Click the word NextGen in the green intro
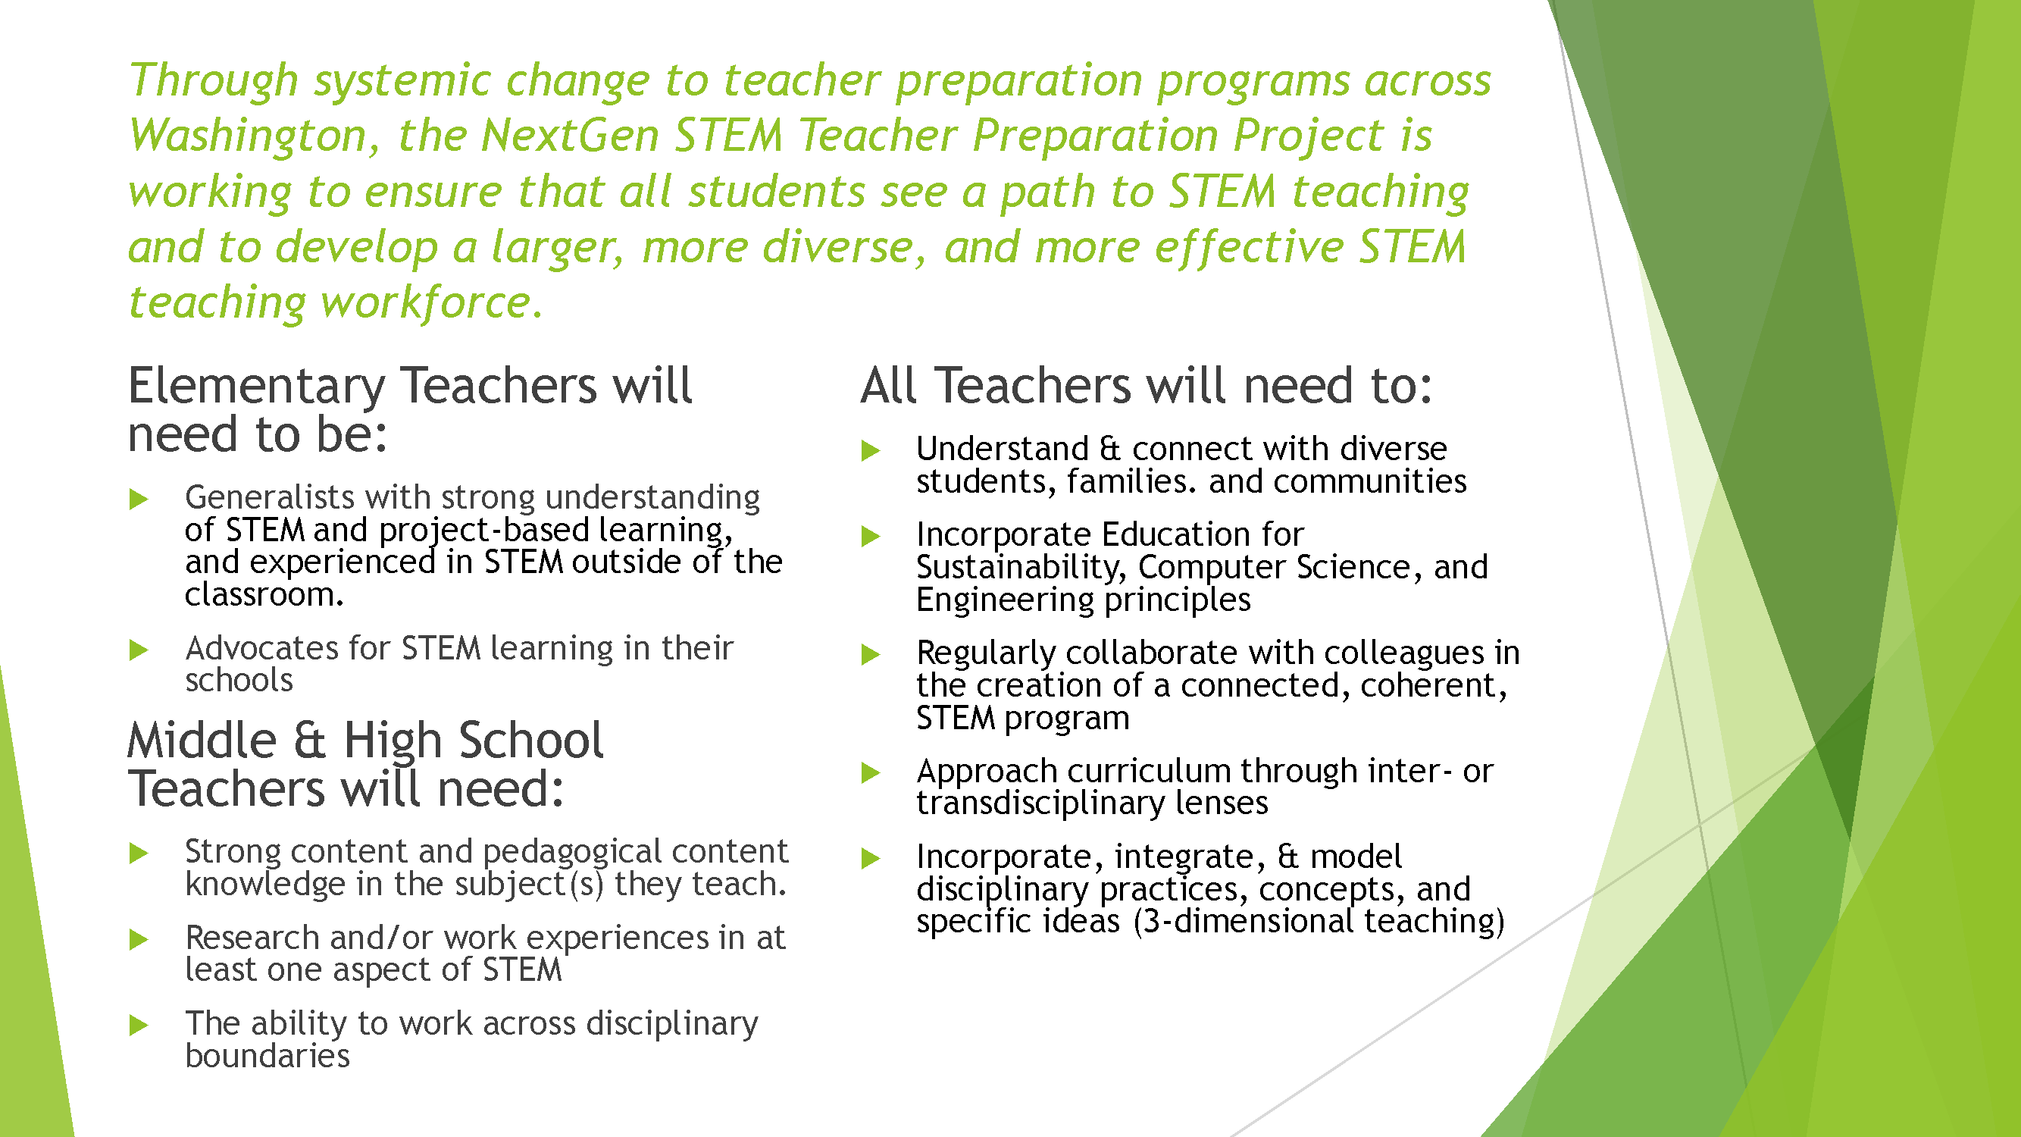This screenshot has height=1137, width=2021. tap(570, 136)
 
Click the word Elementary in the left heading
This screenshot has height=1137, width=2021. tap(257, 386)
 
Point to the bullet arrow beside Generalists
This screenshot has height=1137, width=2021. tap(139, 499)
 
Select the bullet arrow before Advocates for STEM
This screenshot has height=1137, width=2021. tap(139, 650)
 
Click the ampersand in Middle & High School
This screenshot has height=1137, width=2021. tap(309, 741)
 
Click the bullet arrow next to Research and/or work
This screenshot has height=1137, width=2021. tap(139, 939)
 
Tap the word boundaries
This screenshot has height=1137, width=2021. tap(267, 1056)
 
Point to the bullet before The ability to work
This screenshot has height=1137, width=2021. tap(139, 1025)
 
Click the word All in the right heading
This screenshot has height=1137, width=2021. tap(889, 386)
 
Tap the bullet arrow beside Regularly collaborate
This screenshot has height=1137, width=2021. tap(870, 654)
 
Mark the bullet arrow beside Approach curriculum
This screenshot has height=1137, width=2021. tap(870, 773)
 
